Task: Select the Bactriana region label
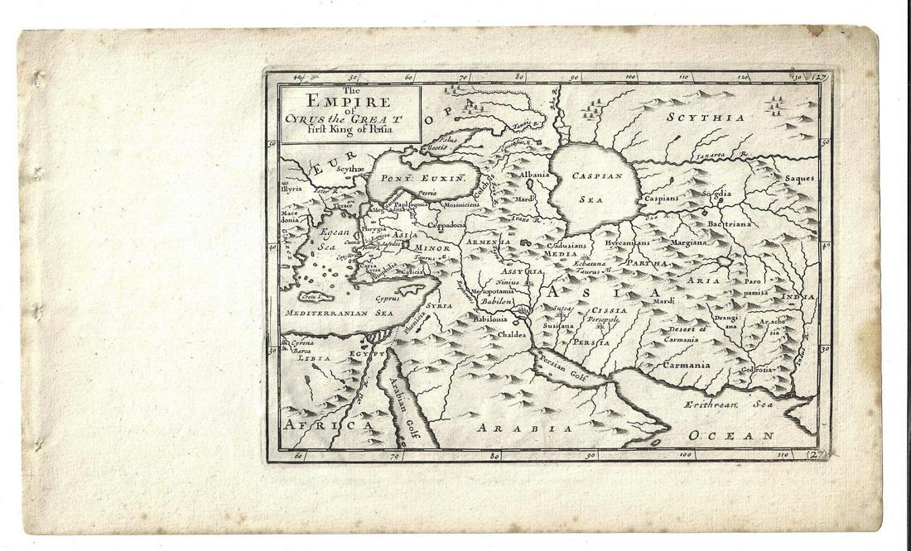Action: (x=728, y=223)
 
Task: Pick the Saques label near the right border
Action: (x=799, y=178)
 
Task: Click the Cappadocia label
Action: (x=446, y=224)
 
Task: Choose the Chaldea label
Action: (x=516, y=335)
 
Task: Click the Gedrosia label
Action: (x=759, y=369)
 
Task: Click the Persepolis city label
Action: (x=603, y=319)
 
